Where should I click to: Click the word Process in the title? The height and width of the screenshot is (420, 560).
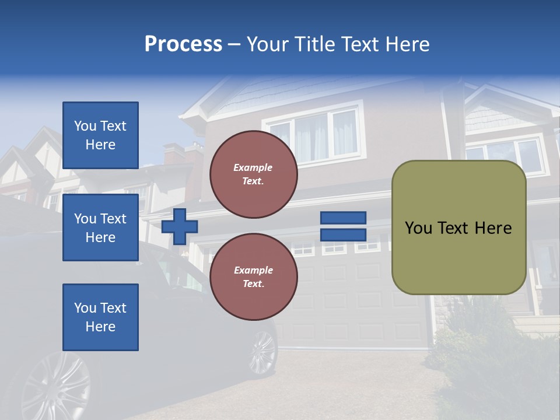tap(183, 44)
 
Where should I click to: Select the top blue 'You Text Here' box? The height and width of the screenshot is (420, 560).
tap(100, 135)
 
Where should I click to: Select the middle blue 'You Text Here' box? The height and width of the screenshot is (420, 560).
tap(100, 228)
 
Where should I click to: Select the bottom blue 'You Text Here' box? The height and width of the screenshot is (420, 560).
tap(100, 317)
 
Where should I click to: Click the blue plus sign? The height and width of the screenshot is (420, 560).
tap(180, 226)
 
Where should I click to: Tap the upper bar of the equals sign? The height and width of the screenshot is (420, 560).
tap(343, 218)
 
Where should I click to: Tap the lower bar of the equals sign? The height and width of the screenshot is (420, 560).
tap(343, 235)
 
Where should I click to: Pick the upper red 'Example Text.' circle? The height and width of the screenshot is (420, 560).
tap(253, 174)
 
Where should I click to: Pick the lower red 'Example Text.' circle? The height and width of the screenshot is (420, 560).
tap(253, 277)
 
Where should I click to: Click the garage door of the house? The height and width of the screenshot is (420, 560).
tap(350, 303)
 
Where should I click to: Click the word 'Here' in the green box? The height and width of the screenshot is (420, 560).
tap(493, 228)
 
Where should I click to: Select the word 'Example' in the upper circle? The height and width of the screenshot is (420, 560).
tap(253, 167)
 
